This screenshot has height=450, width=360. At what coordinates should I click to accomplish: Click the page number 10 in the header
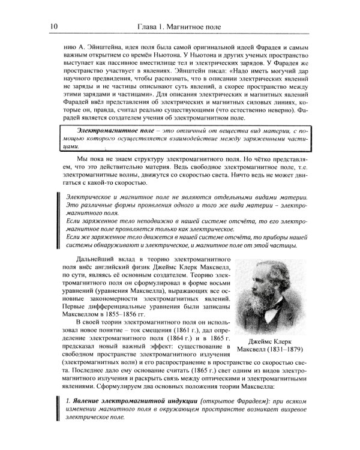point(53,26)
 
